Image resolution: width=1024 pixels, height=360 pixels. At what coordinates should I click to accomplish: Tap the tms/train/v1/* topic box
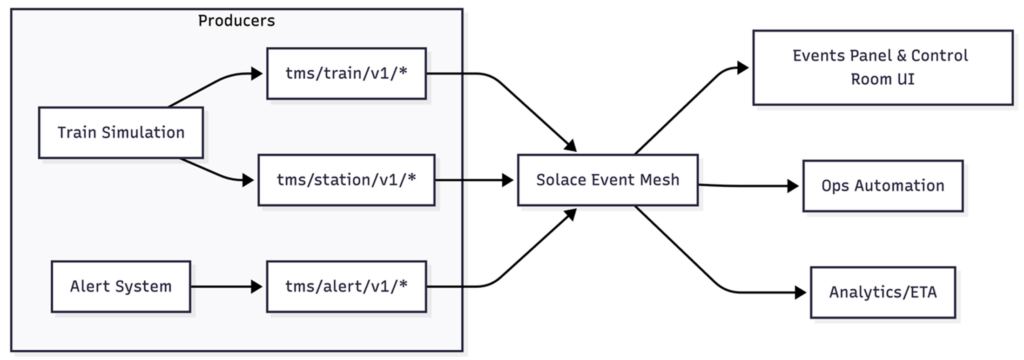coord(346,75)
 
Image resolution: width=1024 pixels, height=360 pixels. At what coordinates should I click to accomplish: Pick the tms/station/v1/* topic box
coord(346,181)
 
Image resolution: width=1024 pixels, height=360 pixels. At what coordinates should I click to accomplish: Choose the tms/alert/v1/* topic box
coord(346,286)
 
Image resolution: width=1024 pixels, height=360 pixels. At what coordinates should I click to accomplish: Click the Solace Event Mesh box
coord(607,181)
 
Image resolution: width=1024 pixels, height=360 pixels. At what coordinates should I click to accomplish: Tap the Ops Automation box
coord(883,186)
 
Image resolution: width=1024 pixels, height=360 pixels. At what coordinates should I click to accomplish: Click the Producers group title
coord(236,20)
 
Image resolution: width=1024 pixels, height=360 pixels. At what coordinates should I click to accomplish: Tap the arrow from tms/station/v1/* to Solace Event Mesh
coord(474,181)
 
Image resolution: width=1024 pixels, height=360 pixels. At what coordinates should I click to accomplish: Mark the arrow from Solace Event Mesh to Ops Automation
coord(750,185)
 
